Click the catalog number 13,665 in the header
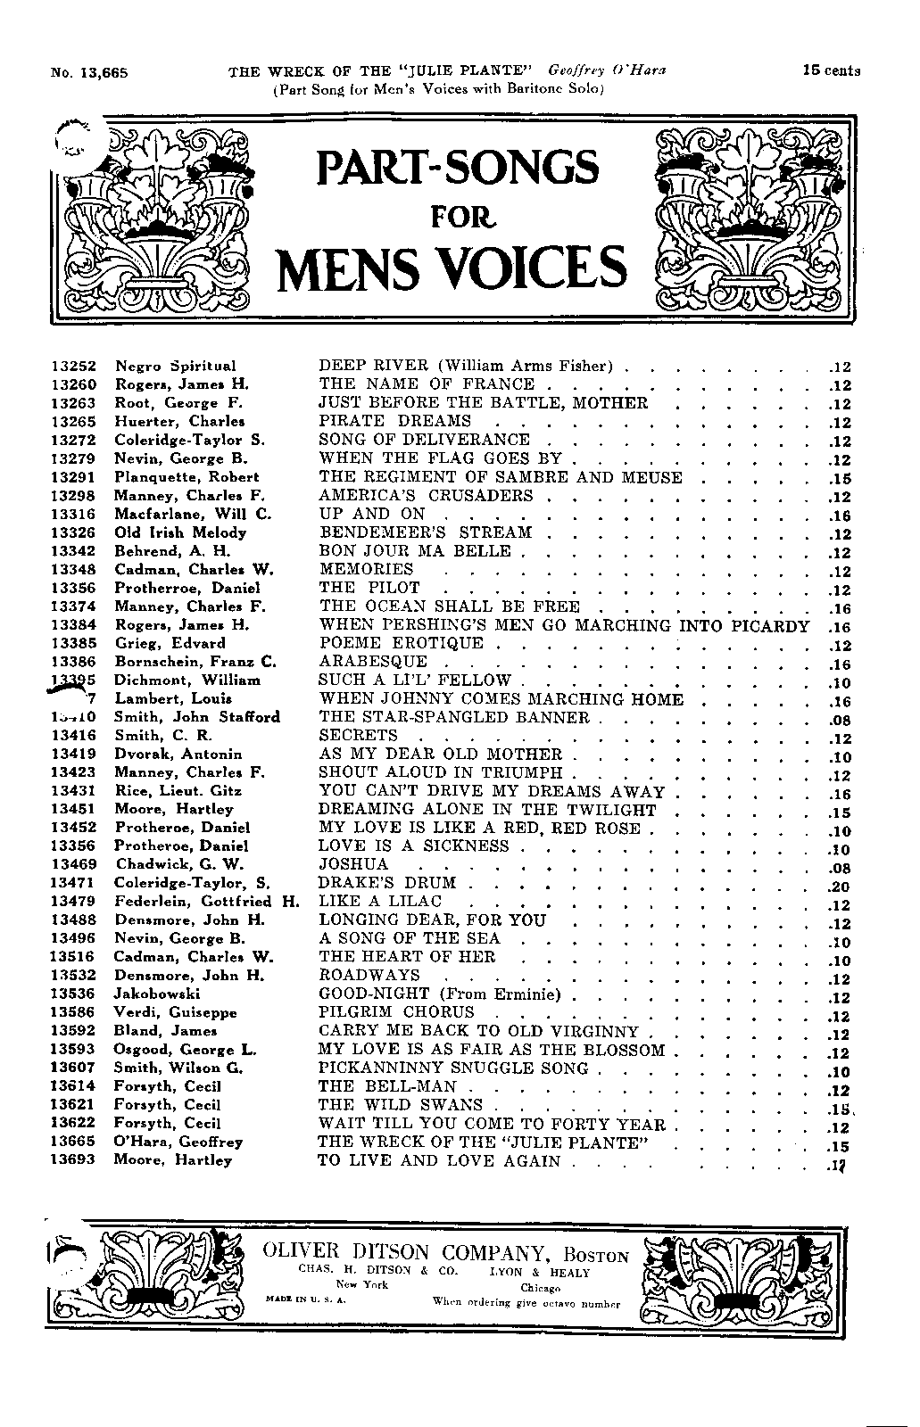(104, 74)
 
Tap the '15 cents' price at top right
(830, 71)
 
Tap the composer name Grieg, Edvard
(170, 643)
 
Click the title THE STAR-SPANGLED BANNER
(454, 717)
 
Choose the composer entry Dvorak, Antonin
(178, 754)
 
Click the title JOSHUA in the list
(354, 864)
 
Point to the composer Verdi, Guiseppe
(175, 1012)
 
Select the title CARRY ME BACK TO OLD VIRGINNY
(479, 1031)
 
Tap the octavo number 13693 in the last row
(73, 1160)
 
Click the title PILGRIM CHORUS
(397, 1012)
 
